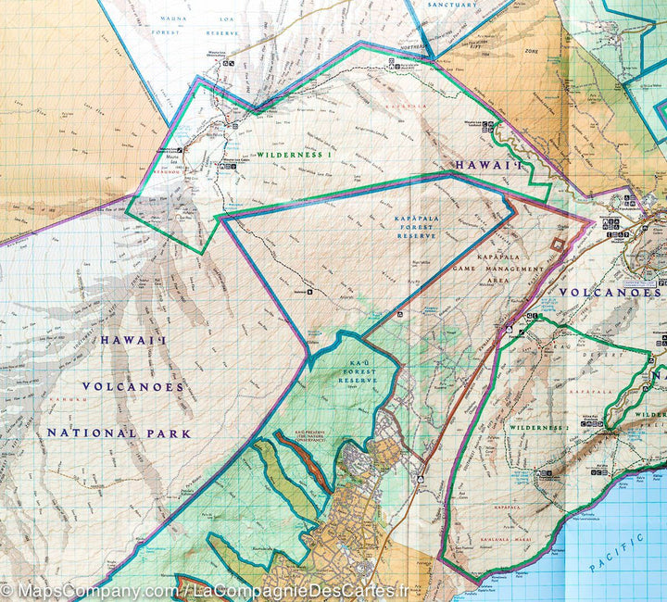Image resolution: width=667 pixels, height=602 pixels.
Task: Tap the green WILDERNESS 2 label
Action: point(537,428)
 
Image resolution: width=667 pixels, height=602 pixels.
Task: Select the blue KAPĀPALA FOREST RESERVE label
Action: point(416,227)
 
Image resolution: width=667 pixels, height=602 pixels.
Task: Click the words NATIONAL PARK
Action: point(119,433)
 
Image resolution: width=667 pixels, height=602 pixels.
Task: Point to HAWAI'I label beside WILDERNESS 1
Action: point(480,165)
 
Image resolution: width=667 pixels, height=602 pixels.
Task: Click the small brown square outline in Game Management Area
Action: point(557,244)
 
